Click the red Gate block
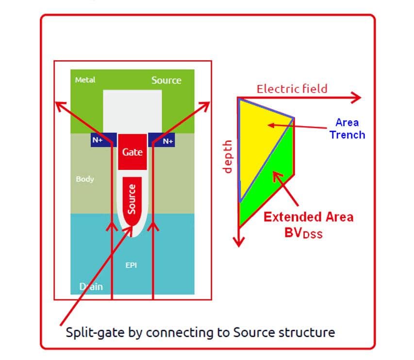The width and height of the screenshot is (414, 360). click(132, 151)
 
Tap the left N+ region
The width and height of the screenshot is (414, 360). click(97, 140)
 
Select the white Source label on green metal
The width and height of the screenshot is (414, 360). click(166, 81)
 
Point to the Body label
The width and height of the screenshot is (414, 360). click(85, 179)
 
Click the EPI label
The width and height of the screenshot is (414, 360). click(132, 265)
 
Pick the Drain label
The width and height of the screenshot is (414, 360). click(91, 286)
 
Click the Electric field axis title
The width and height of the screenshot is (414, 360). click(292, 89)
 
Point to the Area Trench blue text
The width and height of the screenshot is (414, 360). click(347, 129)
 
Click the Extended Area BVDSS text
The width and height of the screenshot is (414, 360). click(308, 223)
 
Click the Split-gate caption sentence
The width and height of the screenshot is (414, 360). click(200, 333)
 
